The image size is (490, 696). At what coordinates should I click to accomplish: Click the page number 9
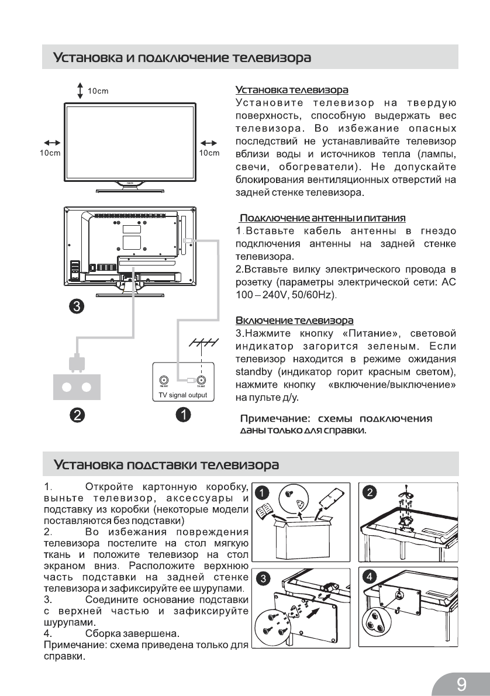tap(462, 683)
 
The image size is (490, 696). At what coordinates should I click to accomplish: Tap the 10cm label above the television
tap(98, 91)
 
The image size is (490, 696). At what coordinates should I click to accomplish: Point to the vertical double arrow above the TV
tap(80, 91)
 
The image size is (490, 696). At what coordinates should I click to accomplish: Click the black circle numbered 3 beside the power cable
tap(76, 306)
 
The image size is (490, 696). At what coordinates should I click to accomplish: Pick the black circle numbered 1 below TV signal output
tap(184, 415)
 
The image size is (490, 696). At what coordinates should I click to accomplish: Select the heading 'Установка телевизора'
tap(292, 90)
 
